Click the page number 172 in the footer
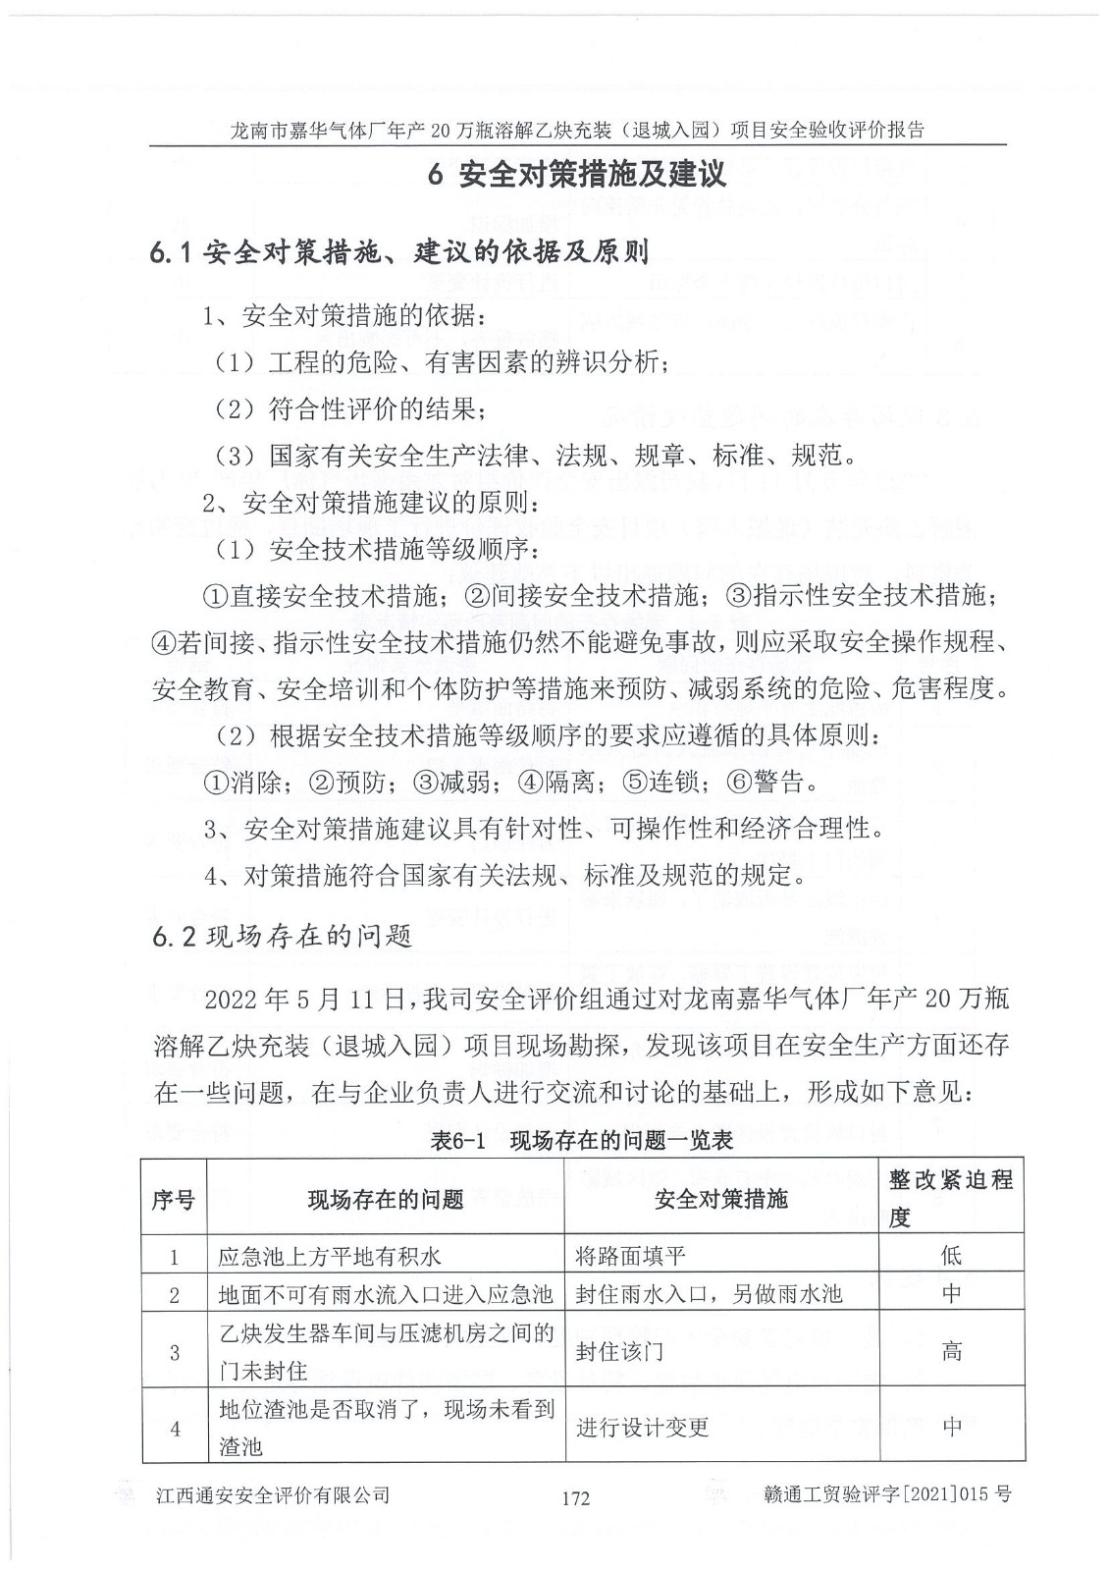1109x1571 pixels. point(575,1497)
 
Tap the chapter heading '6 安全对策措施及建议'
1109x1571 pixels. point(578,175)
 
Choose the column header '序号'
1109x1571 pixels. point(173,1198)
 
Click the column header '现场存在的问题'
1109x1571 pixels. point(385,1198)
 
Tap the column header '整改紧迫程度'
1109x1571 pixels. point(950,1198)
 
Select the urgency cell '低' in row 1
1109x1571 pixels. point(950,1254)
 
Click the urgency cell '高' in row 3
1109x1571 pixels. point(950,1351)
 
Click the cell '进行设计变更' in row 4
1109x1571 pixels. point(642,1427)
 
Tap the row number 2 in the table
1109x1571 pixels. point(174,1294)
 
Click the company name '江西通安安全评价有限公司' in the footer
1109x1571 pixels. point(273,1495)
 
